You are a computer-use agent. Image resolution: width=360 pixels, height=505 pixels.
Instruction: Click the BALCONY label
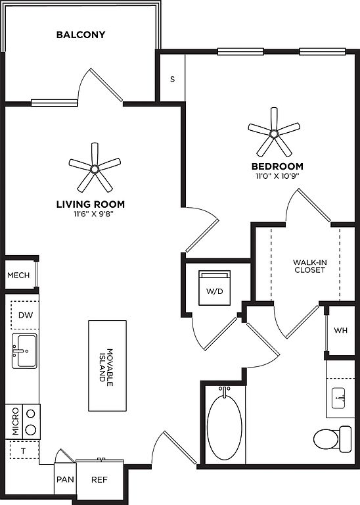tap(81, 34)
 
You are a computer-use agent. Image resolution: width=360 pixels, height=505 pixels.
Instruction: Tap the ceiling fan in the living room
tap(95, 168)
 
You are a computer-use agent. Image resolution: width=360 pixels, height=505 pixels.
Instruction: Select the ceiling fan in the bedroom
tap(274, 133)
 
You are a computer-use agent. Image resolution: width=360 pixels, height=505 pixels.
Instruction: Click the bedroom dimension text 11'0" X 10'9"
tap(277, 176)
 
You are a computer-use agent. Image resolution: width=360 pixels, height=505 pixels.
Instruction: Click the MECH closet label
tap(18, 276)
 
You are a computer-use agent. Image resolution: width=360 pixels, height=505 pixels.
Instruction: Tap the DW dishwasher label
tap(26, 315)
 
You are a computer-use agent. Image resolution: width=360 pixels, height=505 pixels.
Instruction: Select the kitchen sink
tap(24, 351)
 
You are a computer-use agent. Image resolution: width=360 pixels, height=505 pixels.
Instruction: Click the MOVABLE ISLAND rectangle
tap(108, 366)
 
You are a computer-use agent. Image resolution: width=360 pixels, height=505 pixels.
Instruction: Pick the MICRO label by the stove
tap(16, 421)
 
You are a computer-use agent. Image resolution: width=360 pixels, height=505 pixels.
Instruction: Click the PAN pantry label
tap(65, 479)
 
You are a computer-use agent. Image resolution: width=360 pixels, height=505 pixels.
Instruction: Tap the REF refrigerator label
tap(99, 479)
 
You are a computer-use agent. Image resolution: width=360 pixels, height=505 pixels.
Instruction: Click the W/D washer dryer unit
tap(215, 287)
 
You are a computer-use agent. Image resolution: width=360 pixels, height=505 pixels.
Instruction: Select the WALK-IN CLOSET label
tap(309, 266)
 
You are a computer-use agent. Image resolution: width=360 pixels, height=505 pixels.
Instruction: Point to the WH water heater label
tap(340, 331)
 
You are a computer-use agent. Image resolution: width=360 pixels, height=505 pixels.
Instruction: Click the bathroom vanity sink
tap(338, 398)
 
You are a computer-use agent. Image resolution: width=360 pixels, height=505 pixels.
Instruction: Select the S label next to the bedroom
tap(172, 79)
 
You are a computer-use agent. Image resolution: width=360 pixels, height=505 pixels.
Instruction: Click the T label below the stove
tap(23, 451)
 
